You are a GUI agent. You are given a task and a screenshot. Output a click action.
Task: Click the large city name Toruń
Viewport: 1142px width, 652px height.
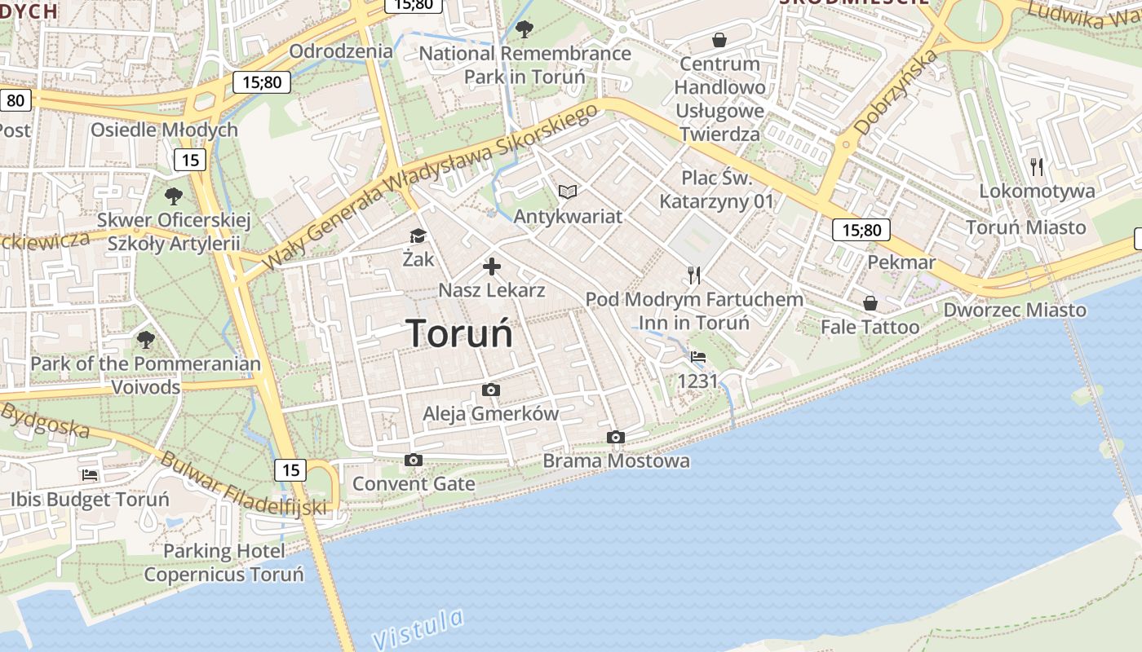click(459, 333)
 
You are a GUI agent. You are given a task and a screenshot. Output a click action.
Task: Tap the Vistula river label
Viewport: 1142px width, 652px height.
click(418, 628)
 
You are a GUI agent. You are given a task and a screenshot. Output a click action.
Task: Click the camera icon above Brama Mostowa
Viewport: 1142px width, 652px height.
click(616, 438)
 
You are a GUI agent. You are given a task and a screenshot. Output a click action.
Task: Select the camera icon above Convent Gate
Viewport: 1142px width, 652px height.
click(414, 460)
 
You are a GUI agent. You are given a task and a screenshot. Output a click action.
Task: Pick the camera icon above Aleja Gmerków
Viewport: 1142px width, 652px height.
click(491, 390)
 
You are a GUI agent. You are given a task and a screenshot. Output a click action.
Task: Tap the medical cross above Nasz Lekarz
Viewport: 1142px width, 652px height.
click(492, 267)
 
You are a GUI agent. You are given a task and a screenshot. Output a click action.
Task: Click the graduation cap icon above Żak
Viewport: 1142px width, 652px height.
click(418, 236)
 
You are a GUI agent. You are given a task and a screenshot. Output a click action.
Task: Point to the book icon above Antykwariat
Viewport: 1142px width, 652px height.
click(568, 192)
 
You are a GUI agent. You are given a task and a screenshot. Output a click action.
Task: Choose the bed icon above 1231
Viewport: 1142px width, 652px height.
click(698, 357)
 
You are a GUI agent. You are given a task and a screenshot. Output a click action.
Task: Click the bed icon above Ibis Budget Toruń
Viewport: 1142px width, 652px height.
click(90, 475)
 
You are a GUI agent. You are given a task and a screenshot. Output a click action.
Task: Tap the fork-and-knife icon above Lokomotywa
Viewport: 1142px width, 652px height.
click(1037, 167)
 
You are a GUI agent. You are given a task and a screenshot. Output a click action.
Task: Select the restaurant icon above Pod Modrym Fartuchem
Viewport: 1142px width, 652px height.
click(694, 275)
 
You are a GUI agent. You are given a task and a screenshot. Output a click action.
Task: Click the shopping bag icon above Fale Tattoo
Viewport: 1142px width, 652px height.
click(870, 303)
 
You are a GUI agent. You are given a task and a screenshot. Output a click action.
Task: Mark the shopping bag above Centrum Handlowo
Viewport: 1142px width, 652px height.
click(719, 40)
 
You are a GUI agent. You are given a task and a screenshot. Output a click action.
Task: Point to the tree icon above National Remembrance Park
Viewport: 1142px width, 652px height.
click(525, 30)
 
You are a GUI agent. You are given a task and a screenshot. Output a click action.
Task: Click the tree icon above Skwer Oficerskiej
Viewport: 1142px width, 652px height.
click(173, 196)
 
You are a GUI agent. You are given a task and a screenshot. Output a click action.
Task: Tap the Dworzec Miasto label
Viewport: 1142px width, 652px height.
click(1015, 310)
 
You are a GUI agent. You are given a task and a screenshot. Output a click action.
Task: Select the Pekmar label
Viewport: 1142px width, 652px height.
click(901, 262)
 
